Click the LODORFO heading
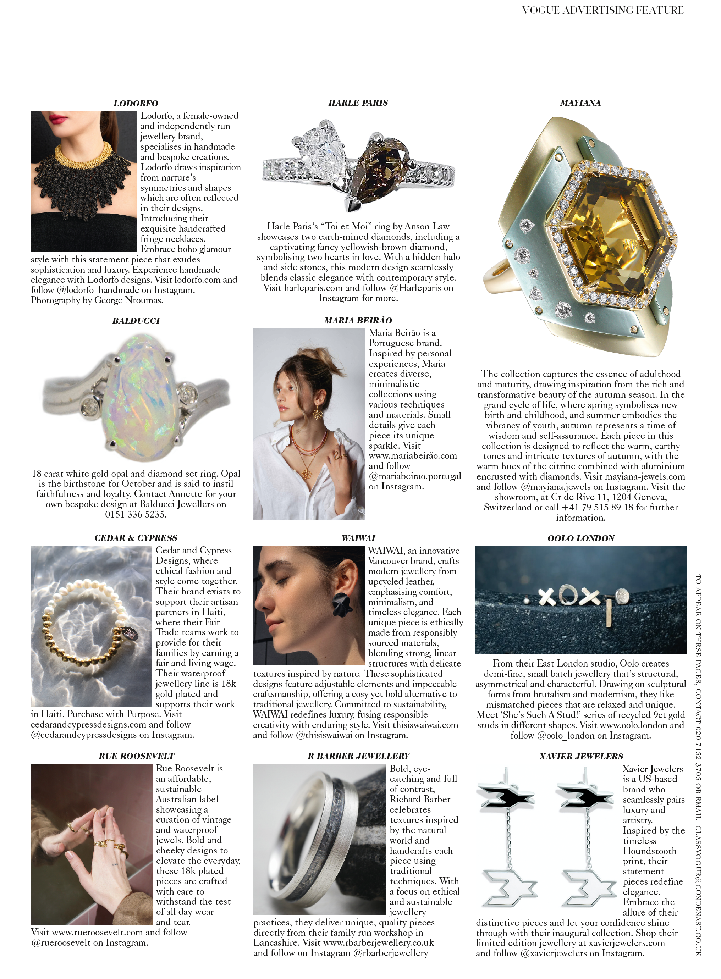pyautogui.click(x=136, y=103)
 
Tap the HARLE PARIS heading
pyautogui.click(x=358, y=103)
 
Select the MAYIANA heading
pyautogui.click(x=580, y=103)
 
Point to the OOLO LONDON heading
pyautogui.click(x=581, y=538)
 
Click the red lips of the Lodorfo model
pyautogui.click(x=61, y=117)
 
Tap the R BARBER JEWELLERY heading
pyautogui.click(x=358, y=756)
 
